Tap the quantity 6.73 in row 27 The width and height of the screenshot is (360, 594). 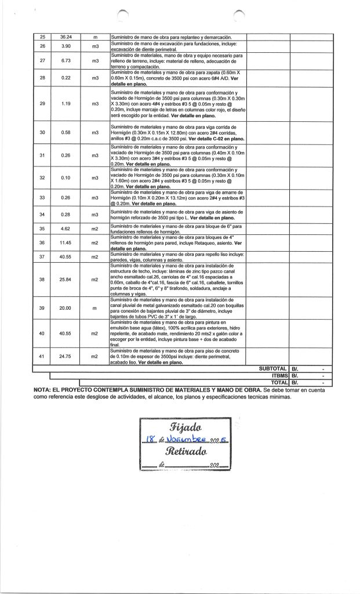point(66,60)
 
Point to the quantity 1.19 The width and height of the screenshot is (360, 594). point(66,104)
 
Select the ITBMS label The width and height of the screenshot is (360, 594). point(277,376)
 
